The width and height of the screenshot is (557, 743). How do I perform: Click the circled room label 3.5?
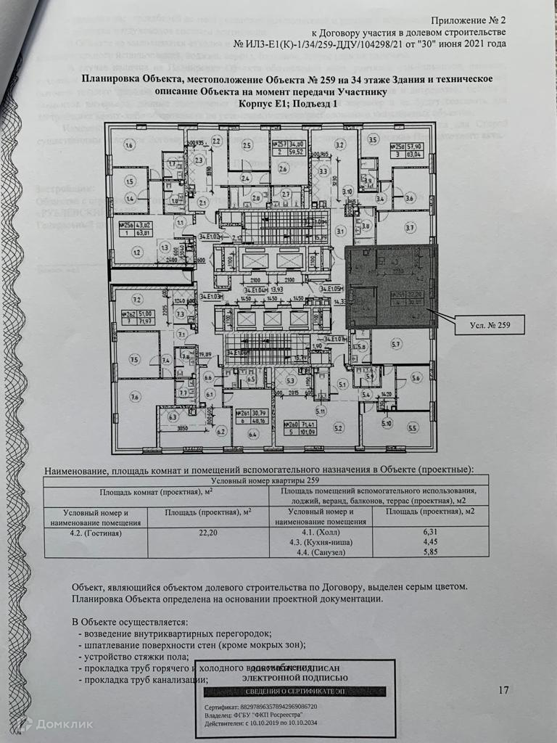tap(374, 139)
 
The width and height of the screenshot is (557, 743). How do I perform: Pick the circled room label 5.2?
tap(338, 429)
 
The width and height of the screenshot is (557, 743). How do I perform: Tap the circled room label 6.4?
tap(253, 435)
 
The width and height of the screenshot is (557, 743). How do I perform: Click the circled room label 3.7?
tap(410, 228)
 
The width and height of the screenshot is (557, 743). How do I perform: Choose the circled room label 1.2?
tap(136, 253)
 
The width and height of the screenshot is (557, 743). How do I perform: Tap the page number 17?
tap(506, 690)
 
